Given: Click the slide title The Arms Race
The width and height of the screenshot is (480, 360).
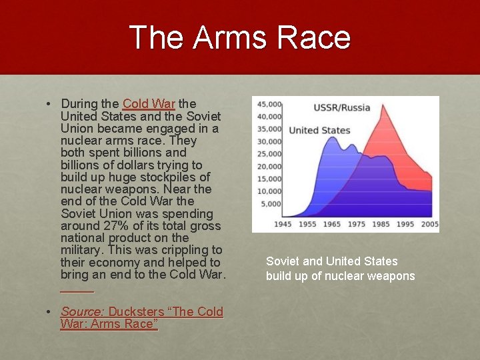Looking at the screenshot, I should pos(239,37).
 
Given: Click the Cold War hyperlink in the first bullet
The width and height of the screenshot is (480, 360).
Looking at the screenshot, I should pos(149,104).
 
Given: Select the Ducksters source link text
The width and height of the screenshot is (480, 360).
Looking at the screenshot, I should pos(165,311).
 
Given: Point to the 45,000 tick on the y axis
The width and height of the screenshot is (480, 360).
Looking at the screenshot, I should pos(269,104).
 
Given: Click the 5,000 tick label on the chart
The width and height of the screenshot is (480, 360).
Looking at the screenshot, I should pos(271,204).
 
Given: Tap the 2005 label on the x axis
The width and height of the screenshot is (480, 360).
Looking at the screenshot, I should pos(430,225).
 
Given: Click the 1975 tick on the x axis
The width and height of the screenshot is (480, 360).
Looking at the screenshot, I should pos(356,225).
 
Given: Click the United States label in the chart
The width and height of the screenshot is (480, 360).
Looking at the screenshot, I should pos(319,130).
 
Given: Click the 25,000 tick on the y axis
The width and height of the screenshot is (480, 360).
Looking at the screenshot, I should pos(269,154).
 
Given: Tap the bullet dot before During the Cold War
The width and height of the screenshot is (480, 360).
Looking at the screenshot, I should pos(50,104).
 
